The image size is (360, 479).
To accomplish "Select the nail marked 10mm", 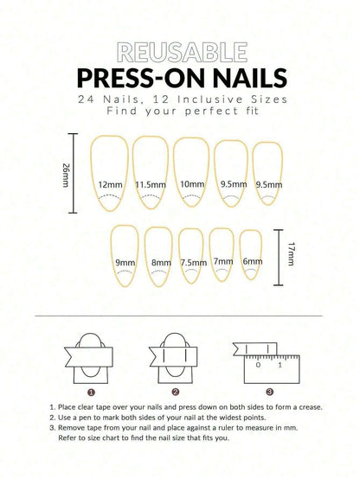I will coord(190,176).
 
